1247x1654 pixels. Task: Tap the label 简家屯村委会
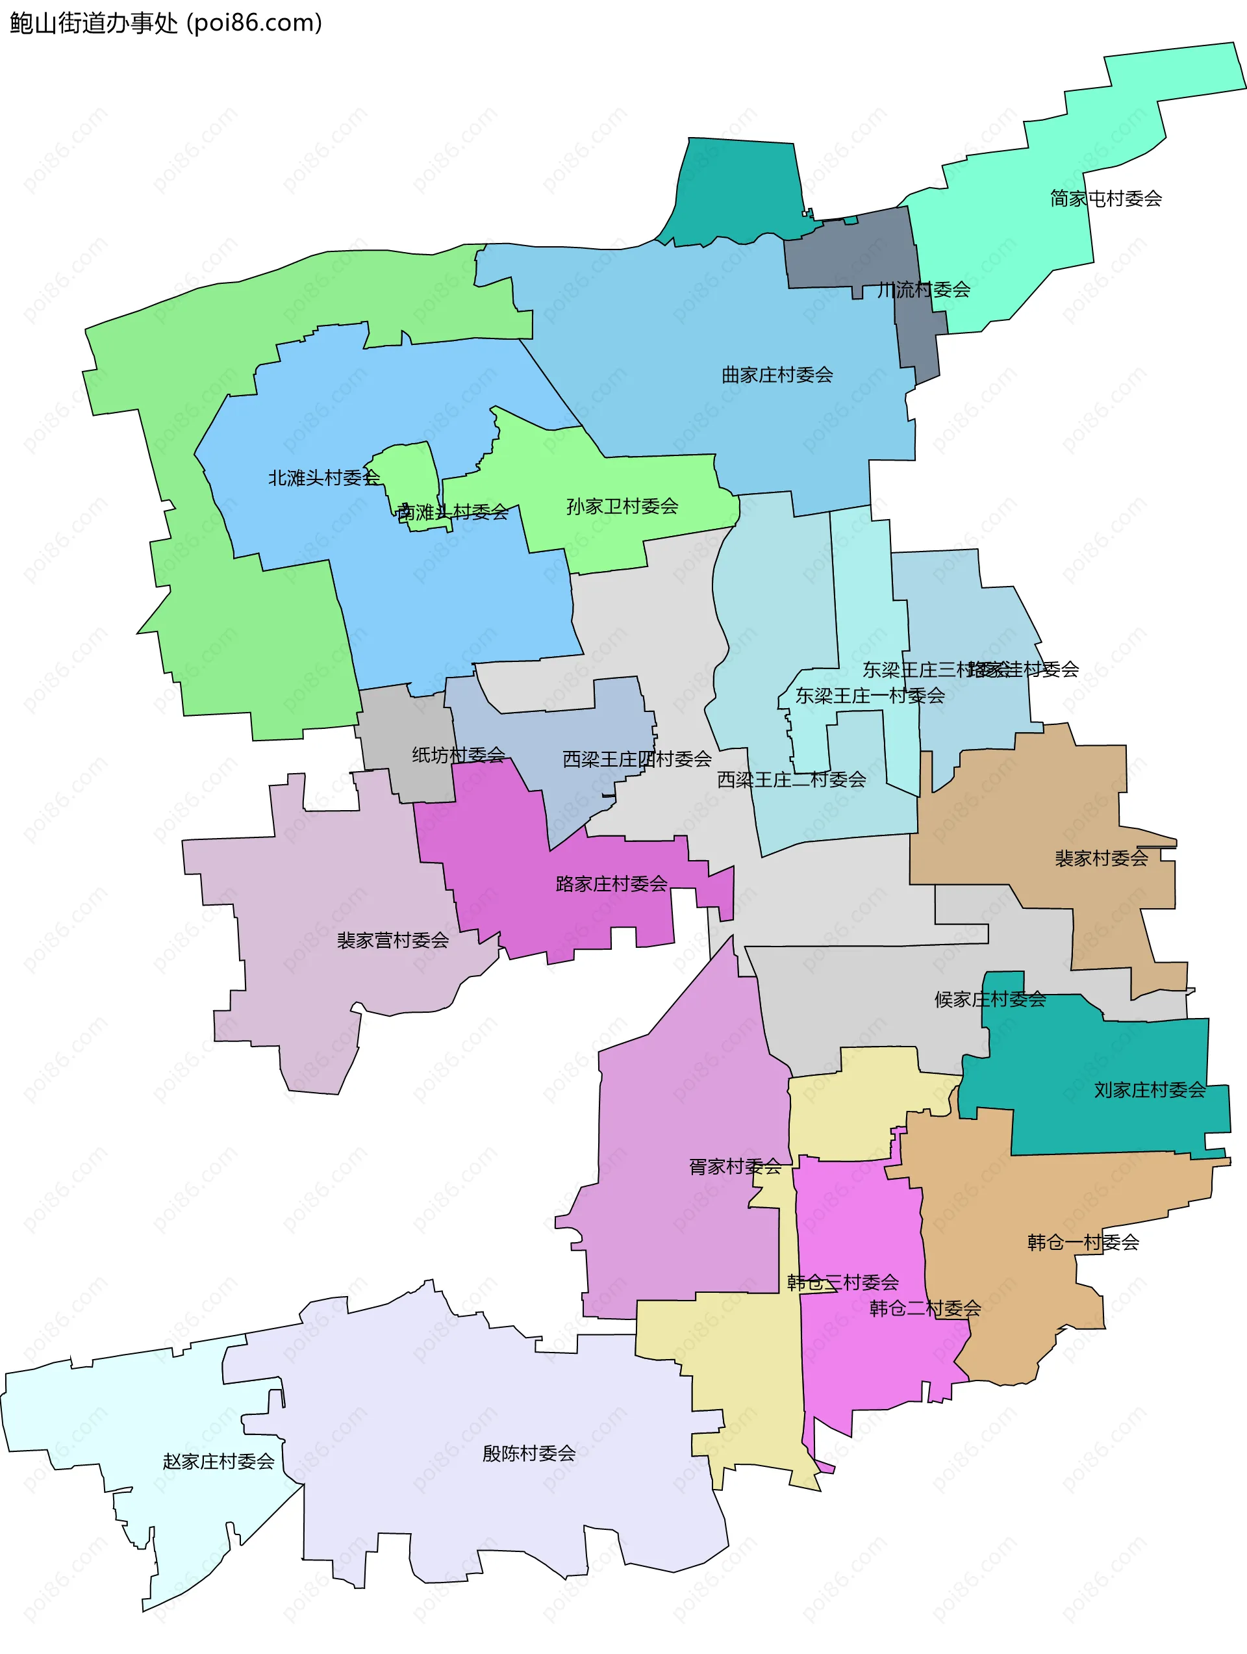pos(1105,199)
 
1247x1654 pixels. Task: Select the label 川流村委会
pos(924,289)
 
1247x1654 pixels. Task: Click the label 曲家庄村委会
pos(777,375)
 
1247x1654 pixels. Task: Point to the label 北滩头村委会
pos(323,477)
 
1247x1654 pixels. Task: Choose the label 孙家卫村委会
pos(622,507)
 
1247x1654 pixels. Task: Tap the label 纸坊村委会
pos(459,756)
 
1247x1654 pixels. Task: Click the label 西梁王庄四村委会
pos(636,759)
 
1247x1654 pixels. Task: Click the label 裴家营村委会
pos(392,941)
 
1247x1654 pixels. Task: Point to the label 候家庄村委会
pos(990,1000)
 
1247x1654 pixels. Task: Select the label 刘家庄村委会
pos(1149,1090)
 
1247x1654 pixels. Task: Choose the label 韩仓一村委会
pos(1083,1243)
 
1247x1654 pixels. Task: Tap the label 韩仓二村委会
pos(925,1308)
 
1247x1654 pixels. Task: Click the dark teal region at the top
pos(737,191)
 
